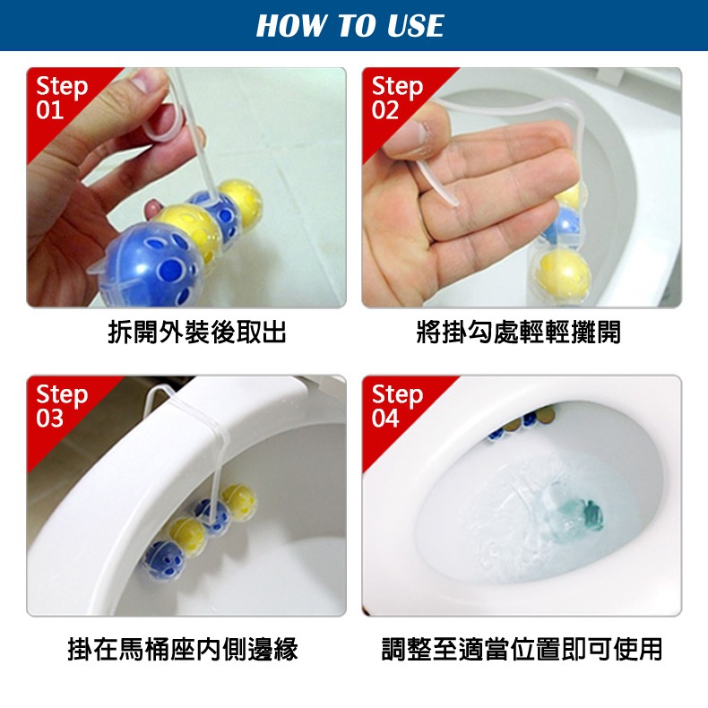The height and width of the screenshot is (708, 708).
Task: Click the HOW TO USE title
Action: (350, 25)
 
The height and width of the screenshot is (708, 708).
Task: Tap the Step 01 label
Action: (62, 98)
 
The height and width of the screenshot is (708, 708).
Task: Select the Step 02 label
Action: (397, 98)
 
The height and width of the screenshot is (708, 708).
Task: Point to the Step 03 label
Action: (62, 406)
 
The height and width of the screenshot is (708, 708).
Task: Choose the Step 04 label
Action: (397, 406)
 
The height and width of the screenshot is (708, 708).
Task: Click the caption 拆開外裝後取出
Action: (197, 332)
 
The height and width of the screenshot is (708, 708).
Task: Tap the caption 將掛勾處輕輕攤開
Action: (518, 332)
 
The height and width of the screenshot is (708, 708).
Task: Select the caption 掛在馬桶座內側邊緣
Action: (183, 649)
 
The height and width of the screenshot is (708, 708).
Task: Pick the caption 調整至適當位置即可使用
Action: (522, 649)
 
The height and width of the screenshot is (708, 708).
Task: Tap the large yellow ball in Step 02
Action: (562, 272)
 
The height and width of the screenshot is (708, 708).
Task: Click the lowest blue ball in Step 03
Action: (163, 561)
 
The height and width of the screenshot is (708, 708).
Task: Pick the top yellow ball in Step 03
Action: (239, 502)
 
